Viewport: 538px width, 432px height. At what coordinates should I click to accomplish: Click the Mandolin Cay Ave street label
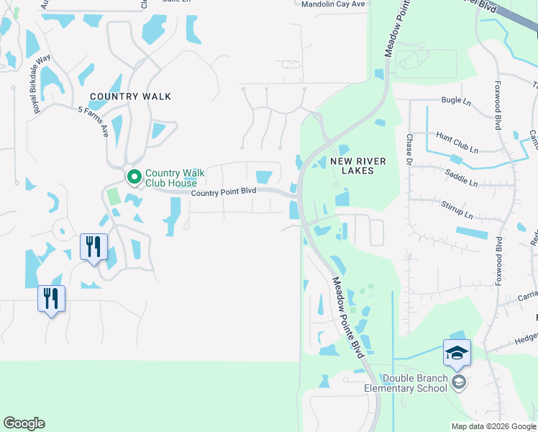point(333,4)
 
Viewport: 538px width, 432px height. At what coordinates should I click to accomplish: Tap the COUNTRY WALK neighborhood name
point(130,96)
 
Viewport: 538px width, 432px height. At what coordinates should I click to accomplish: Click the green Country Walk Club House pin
point(134,176)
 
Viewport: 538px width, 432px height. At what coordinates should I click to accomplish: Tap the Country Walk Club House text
point(175,178)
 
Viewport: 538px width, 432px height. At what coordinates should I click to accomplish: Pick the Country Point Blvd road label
point(224,191)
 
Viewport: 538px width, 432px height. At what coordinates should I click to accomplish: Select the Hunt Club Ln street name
point(457,141)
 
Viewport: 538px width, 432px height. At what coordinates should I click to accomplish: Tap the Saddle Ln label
point(462,179)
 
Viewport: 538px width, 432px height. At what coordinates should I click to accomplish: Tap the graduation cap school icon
point(457,354)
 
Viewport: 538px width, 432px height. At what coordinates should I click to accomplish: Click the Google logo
point(24,423)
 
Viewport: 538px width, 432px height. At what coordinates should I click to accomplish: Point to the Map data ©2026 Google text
point(493,426)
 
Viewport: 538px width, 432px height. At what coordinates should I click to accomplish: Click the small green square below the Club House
point(112,196)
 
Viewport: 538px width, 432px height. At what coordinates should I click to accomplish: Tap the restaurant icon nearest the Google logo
point(51,297)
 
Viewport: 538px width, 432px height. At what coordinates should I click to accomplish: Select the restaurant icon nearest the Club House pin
point(94,246)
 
